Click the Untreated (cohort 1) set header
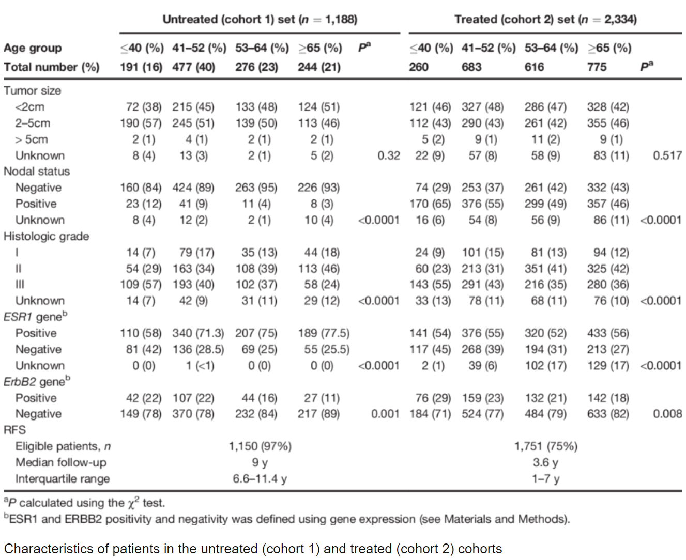tap(260, 20)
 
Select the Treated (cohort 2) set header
tap(545, 20)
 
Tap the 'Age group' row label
tap(33, 48)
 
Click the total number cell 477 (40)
tap(193, 67)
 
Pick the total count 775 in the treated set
tap(597, 67)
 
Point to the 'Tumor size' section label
tap(32, 91)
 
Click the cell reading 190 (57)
tap(141, 123)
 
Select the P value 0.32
tap(389, 155)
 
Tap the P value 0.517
tap(667, 155)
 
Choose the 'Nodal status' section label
tap(37, 172)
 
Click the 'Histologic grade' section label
tap(46, 236)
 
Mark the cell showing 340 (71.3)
tap(198, 333)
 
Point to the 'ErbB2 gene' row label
tap(37, 381)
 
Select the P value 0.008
tap(667, 414)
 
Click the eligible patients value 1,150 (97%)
tap(260, 446)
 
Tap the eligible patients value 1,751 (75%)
tap(545, 446)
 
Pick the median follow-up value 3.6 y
tap(545, 462)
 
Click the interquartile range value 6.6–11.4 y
tap(260, 479)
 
